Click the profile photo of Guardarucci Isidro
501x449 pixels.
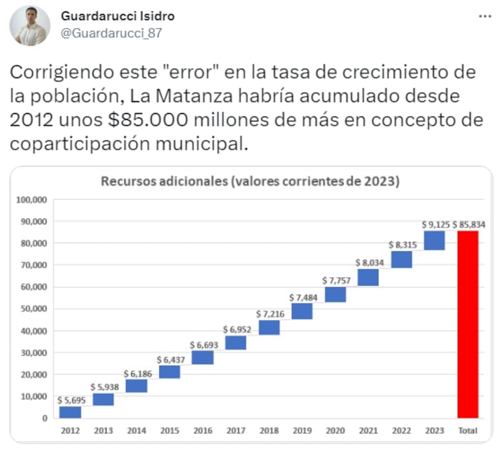tap(30, 26)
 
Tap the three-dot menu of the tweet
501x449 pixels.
tap(485, 16)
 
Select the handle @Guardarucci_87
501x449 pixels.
tap(111, 33)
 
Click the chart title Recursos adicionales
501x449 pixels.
tap(250, 182)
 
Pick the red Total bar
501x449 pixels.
tap(468, 324)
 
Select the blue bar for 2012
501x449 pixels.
tap(70, 412)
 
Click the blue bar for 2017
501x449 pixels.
tap(235, 343)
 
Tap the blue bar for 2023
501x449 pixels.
tap(434, 240)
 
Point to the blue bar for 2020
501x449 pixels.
tap(335, 294)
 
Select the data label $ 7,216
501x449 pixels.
tap(269, 312)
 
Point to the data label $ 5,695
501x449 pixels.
tap(71, 400)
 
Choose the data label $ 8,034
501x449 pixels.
tap(368, 262)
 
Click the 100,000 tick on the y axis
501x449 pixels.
tap(31, 200)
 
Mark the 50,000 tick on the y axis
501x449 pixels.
tap(33, 309)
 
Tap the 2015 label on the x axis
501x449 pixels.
tap(169, 431)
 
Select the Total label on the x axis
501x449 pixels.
tap(468, 431)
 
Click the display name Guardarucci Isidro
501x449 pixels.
tap(118, 16)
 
